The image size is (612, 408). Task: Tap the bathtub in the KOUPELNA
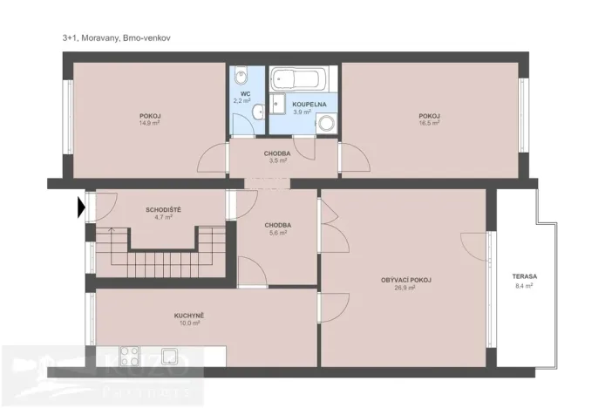click(x=297, y=81)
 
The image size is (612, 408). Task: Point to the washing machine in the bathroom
click(x=325, y=124)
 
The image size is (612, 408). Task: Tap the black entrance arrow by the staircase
click(x=81, y=207)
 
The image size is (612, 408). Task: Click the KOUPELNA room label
click(x=309, y=104)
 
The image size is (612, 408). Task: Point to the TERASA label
click(x=525, y=276)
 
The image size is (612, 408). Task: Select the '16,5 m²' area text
click(x=428, y=123)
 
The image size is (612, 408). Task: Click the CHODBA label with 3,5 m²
click(x=278, y=153)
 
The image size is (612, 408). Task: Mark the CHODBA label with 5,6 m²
click(x=278, y=225)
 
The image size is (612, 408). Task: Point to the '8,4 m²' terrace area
click(x=525, y=284)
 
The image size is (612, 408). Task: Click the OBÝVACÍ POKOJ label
click(x=406, y=279)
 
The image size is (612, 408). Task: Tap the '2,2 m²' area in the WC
click(x=241, y=101)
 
